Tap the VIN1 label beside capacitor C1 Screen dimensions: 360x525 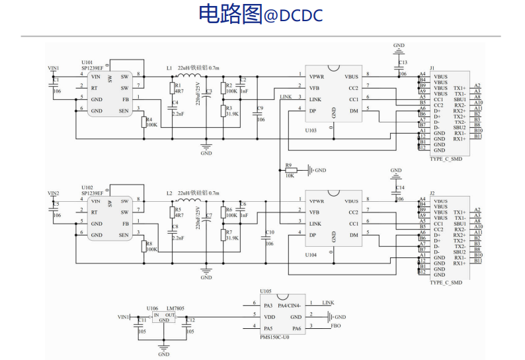[x=54, y=68]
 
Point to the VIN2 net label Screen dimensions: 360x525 [x=54, y=193]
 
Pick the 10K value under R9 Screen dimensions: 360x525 [x=290, y=176]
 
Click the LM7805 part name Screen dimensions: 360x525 [x=175, y=308]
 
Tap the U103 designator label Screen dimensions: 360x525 [x=311, y=130]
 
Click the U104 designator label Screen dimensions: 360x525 [x=311, y=255]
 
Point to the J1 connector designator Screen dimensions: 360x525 [x=432, y=68]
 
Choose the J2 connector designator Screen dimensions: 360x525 [x=432, y=193]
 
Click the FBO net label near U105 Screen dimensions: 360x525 [x=336, y=326]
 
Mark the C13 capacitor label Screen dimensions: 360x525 [x=403, y=62]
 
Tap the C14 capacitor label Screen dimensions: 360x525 [x=399, y=188]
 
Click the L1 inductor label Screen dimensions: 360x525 [x=169, y=68]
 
